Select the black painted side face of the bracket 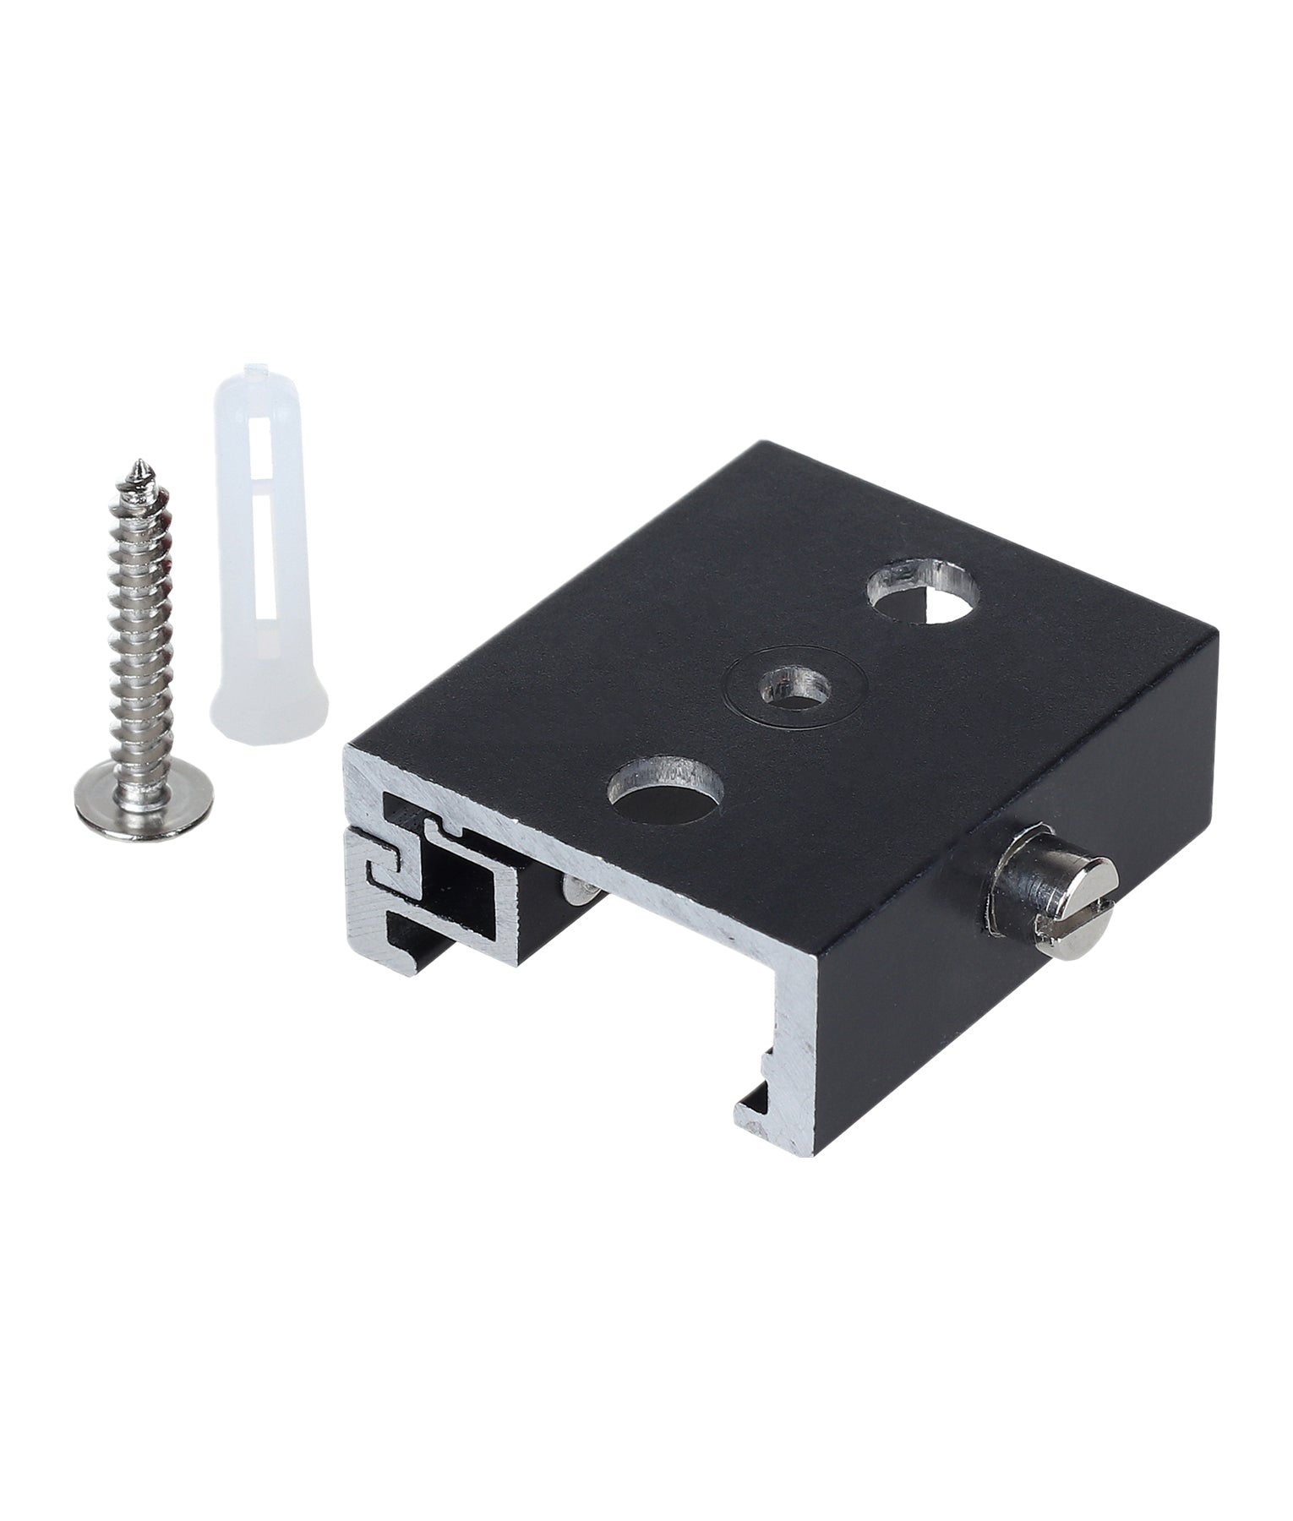[x=1014, y=997]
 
